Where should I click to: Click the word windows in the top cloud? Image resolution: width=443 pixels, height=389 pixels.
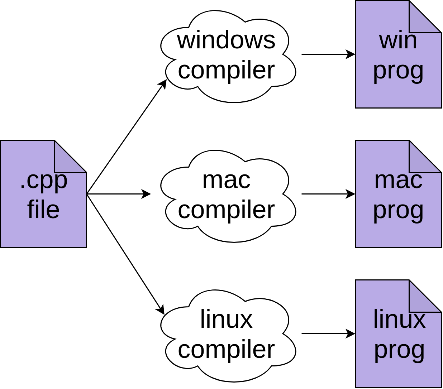226,40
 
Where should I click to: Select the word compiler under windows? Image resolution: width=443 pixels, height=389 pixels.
226,70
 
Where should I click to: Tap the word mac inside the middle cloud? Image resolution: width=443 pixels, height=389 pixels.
226,180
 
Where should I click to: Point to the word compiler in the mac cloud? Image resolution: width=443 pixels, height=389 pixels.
226,210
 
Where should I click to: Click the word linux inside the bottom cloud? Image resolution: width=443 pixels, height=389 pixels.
226,319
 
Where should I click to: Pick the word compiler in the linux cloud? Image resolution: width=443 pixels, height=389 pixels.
226,350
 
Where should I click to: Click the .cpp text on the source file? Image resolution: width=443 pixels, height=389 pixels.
43,181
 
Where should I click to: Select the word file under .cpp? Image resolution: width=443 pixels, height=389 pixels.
43,210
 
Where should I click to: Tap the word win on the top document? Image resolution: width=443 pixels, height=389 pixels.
398,40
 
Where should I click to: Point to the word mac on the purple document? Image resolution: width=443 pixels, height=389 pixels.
398,180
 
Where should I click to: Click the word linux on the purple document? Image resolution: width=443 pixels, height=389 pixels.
399,319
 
